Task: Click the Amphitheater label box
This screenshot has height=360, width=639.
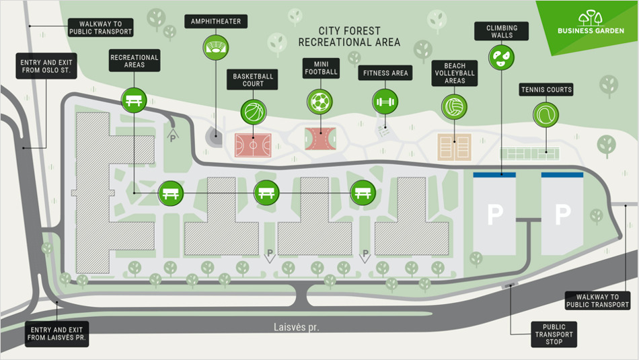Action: pyautogui.click(x=216, y=22)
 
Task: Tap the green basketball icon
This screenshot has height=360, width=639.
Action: pyautogui.click(x=254, y=111)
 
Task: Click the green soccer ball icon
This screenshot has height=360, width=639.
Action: pyautogui.click(x=319, y=102)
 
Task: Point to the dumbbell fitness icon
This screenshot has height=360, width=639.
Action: pyautogui.click(x=385, y=102)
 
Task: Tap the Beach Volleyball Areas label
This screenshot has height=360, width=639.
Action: pyautogui.click(x=455, y=73)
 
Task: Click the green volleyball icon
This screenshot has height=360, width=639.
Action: pyautogui.click(x=455, y=106)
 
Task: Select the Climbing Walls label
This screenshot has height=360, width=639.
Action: pyautogui.click(x=502, y=31)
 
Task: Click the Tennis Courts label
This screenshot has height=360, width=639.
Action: pyautogui.click(x=546, y=89)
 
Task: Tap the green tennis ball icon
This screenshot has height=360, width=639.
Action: pyautogui.click(x=546, y=115)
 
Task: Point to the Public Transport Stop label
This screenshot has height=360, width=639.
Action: pyautogui.click(x=554, y=334)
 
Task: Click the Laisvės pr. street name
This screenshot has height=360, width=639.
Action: pyautogui.click(x=296, y=328)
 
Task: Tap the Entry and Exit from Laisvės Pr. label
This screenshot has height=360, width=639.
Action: pyautogui.click(x=57, y=334)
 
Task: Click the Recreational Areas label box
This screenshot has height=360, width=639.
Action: pyautogui.click(x=135, y=61)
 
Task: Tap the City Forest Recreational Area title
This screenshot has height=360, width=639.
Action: pyautogui.click(x=349, y=36)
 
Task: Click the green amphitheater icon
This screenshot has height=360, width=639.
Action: pyautogui.click(x=216, y=46)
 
